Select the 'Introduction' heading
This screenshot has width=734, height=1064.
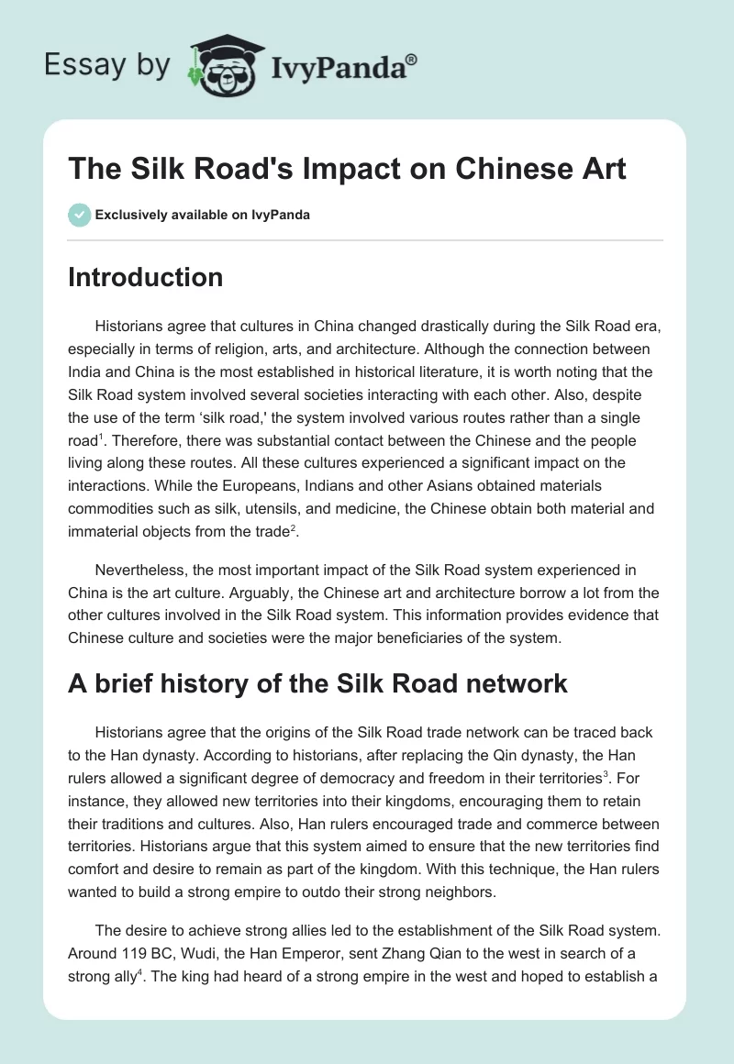[x=145, y=277]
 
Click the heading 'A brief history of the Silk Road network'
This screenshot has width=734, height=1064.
[x=317, y=683]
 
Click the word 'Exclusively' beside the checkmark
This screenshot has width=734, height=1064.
[x=128, y=215]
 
